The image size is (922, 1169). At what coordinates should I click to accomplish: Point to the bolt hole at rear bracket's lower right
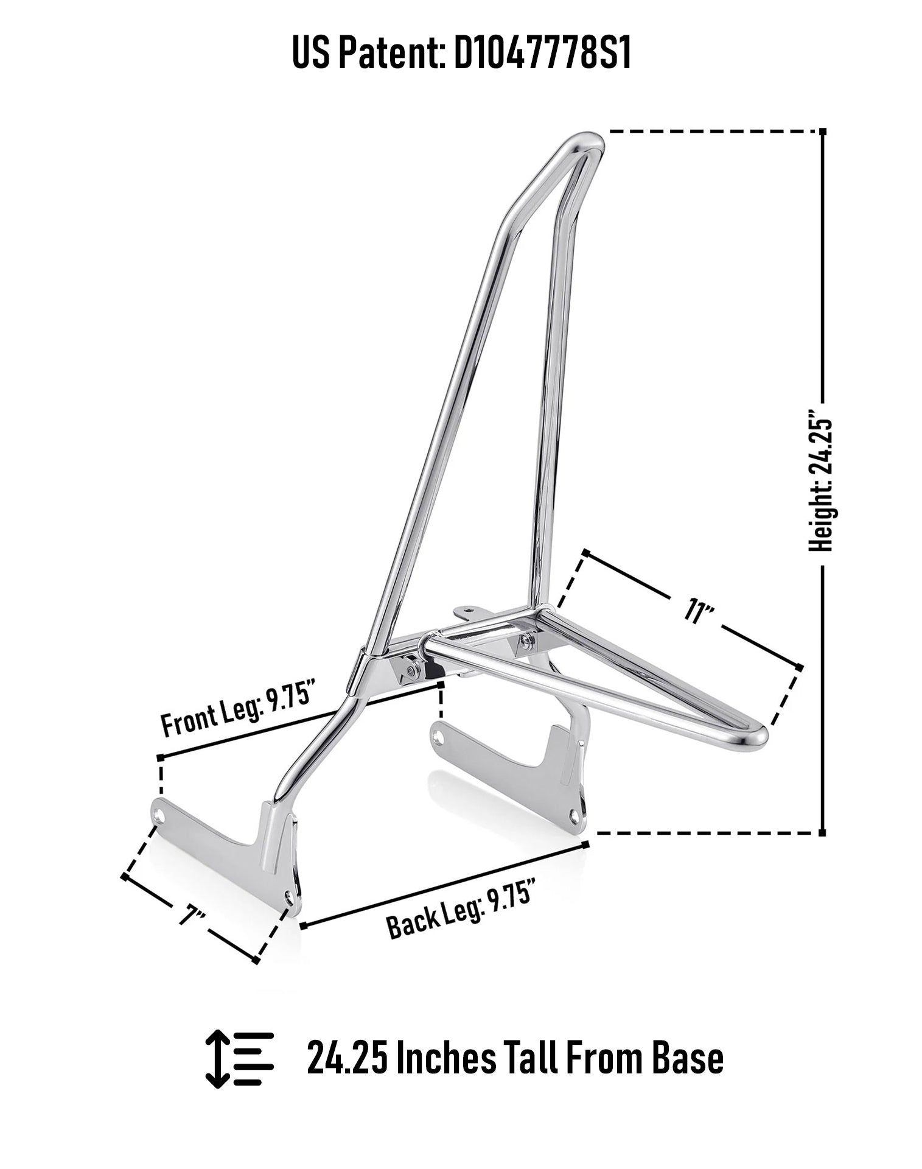[x=575, y=813]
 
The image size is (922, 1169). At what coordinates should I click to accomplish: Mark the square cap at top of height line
[x=823, y=132]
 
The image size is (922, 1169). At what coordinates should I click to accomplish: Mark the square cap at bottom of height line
[x=823, y=832]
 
